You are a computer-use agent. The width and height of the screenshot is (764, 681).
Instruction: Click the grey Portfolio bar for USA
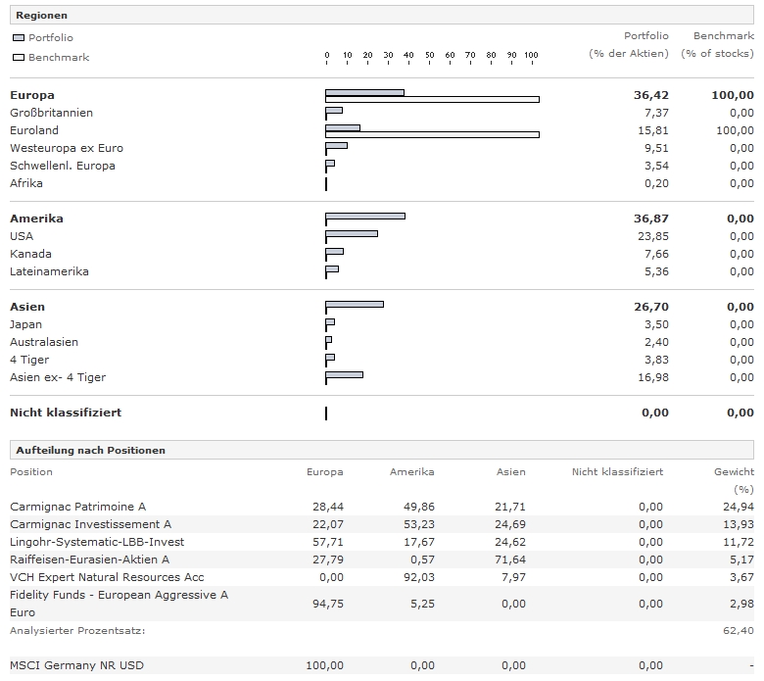click(352, 233)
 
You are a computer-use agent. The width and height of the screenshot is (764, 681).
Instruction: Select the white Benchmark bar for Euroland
click(432, 133)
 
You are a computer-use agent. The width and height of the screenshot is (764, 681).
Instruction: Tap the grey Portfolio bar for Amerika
click(364, 216)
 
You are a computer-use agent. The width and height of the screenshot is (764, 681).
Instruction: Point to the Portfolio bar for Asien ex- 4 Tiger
click(344, 374)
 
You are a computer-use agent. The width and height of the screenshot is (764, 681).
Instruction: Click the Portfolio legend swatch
click(19, 38)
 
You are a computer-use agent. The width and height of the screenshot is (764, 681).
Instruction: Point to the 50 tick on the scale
click(429, 56)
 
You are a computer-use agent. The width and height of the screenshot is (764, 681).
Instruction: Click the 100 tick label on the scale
click(530, 56)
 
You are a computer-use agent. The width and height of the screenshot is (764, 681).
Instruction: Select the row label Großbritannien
click(51, 113)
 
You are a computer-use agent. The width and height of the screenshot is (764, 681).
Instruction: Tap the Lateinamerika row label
click(49, 271)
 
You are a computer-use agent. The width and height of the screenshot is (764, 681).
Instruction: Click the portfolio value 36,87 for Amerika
click(650, 219)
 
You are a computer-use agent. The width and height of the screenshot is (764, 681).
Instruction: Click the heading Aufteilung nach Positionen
click(90, 450)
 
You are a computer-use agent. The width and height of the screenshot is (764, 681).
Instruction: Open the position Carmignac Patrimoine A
click(77, 507)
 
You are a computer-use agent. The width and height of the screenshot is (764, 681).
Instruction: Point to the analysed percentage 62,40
click(738, 630)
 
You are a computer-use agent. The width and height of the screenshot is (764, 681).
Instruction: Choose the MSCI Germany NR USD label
click(76, 665)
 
